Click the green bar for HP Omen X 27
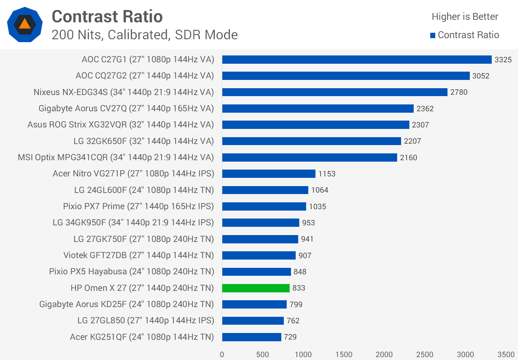[x=256, y=288]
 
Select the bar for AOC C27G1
[x=357, y=60]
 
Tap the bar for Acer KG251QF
[x=251, y=337]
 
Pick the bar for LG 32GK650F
[x=312, y=141]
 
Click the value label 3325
[x=503, y=60]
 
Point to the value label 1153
[x=327, y=174]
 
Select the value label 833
[x=299, y=288]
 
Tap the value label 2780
[x=459, y=92]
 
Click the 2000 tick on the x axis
[x=384, y=355]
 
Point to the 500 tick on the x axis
[x=263, y=355]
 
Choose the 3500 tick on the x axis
[x=506, y=355]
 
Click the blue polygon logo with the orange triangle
[x=25, y=24]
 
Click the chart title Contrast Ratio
[x=107, y=17]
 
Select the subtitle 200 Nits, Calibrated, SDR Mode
[x=145, y=35]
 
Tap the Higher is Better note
[x=465, y=17]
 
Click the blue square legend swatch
[x=433, y=35]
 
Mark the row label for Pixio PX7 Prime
[x=138, y=206]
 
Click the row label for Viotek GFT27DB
[x=138, y=255]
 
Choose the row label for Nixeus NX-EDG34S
[x=124, y=92]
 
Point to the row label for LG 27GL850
[x=146, y=320]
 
